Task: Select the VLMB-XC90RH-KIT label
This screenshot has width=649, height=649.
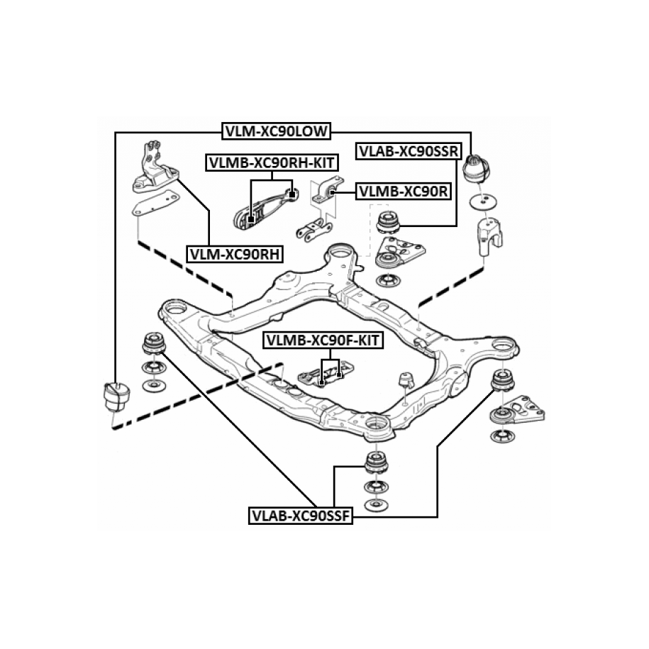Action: click(x=272, y=162)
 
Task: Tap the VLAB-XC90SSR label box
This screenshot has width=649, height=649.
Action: click(x=409, y=151)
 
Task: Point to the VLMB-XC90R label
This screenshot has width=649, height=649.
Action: click(x=403, y=191)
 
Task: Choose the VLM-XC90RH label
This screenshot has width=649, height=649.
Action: click(x=235, y=253)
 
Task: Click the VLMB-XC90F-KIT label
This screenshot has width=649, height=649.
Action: click(x=323, y=340)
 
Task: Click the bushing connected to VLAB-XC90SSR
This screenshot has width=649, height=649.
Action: click(x=388, y=222)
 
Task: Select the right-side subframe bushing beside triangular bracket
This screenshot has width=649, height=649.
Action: click(x=502, y=382)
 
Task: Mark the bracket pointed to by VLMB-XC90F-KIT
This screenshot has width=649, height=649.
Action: click(x=323, y=376)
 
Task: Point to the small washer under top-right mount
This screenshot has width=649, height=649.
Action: click(x=483, y=201)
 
